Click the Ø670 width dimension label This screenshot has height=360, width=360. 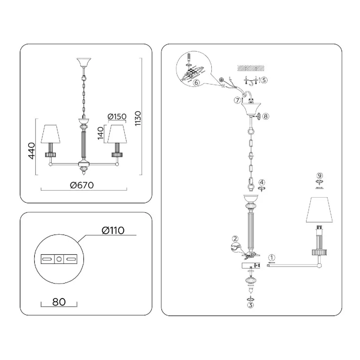pyautogui.click(x=82, y=185)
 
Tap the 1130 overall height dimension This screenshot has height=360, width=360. pyautogui.click(x=138, y=118)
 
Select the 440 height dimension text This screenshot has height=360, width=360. pyautogui.click(x=31, y=151)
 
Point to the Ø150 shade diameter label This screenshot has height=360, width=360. pyautogui.click(x=117, y=116)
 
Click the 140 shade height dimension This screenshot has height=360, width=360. pyautogui.click(x=100, y=133)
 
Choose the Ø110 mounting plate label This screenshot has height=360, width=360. pyautogui.click(x=113, y=230)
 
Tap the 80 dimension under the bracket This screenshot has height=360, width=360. pyautogui.click(x=59, y=302)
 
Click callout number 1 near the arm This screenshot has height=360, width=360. pyautogui.click(x=272, y=257)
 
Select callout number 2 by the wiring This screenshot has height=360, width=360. pyautogui.click(x=235, y=239)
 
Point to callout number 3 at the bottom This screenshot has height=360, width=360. pyautogui.click(x=251, y=305)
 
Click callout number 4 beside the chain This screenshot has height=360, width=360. pyautogui.click(x=262, y=182)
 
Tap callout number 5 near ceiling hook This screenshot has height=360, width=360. pyautogui.click(x=264, y=80)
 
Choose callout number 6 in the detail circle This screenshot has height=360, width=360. pyautogui.click(x=196, y=83)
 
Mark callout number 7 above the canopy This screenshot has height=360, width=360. pyautogui.click(x=237, y=100)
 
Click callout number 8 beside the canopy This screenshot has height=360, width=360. pyautogui.click(x=266, y=116)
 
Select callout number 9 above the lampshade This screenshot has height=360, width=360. pyautogui.click(x=320, y=176)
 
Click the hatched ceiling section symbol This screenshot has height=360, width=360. pyautogui.click(x=251, y=68)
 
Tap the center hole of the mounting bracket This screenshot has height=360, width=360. pyautogui.click(x=59, y=259)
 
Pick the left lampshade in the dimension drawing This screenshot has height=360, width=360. pyautogui.click(x=51, y=134)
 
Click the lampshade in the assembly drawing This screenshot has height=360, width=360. pyautogui.click(x=319, y=210)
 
